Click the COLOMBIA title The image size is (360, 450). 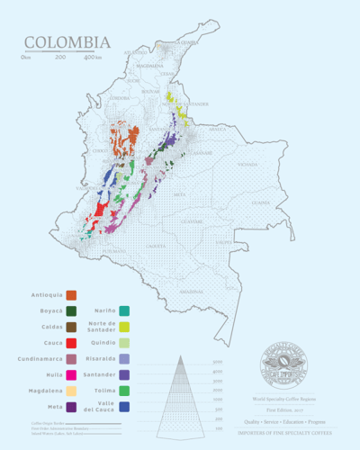tap(67, 42)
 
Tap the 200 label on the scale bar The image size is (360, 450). tap(60, 58)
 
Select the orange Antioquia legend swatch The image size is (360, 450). tap(71, 295)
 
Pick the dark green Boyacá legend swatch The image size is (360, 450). tap(71, 311)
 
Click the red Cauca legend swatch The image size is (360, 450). tap(71, 343)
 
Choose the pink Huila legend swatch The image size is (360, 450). tap(71, 374)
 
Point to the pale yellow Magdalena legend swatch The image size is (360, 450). tap(71, 391)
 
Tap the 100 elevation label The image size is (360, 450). tap(219, 428)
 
